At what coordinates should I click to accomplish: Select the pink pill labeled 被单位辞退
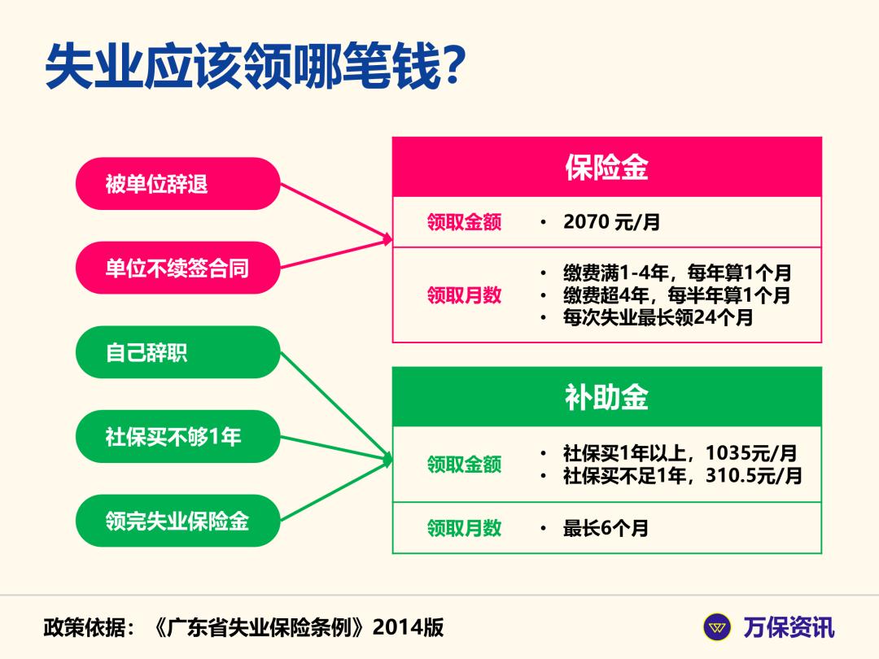coord(177,184)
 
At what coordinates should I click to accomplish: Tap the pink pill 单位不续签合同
coord(177,268)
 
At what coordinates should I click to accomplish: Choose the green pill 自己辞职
coord(177,352)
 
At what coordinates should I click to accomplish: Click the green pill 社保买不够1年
coord(177,437)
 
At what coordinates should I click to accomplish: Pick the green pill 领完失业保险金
coord(177,521)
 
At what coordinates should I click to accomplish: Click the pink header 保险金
coord(606,168)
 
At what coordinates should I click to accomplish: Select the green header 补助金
coord(606,397)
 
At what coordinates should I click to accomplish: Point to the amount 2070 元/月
coord(610,222)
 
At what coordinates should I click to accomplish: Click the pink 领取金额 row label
coord(464,222)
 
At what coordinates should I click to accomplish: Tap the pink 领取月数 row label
coord(464,295)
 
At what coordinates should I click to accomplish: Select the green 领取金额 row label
coord(464,465)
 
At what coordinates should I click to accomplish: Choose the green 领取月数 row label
coord(464,528)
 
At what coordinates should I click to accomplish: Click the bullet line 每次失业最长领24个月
coord(658,317)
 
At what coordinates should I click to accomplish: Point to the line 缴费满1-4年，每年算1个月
coord(676,273)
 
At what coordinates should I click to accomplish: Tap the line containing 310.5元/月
coord(682,475)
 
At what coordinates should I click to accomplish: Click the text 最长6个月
coord(606,528)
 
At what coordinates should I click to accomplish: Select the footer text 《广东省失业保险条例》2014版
coord(298,627)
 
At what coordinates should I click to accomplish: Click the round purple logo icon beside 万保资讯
coord(717,627)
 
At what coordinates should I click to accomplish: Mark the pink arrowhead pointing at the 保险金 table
coord(388,240)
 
